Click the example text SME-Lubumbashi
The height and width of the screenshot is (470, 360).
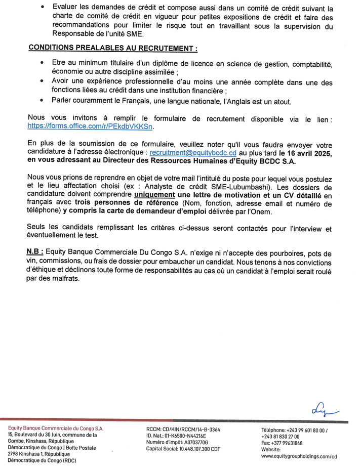click(237, 186)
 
